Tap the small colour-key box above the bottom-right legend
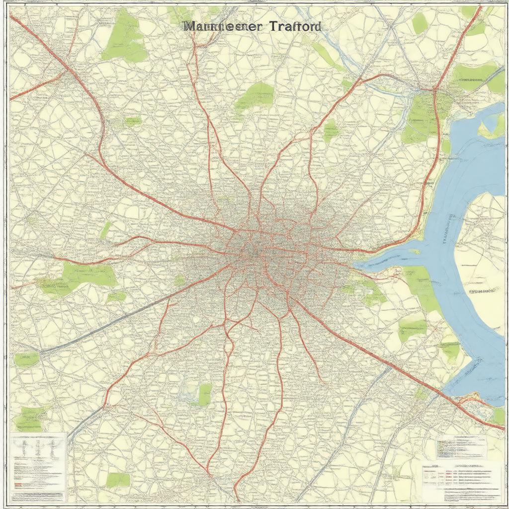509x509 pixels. (461, 447)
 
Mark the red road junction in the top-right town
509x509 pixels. (433, 90)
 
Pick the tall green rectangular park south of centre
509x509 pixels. (204, 394)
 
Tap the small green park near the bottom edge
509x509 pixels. (118, 480)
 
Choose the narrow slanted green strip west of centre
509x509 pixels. (105, 230)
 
